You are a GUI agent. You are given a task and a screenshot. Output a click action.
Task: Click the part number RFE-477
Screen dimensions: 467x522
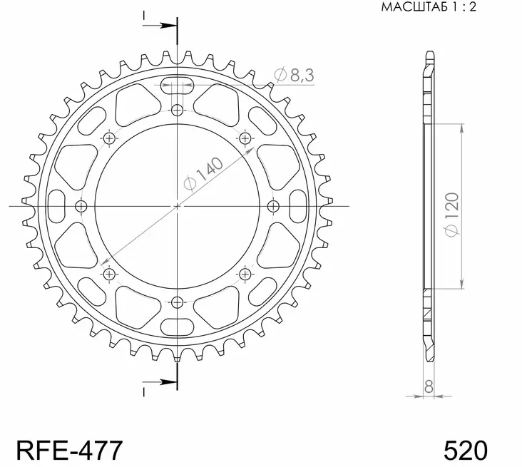pos(69,451)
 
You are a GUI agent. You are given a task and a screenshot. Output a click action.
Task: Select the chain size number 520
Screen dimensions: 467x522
pos(466,451)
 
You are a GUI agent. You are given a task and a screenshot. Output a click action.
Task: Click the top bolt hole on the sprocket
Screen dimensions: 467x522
pos(177,110)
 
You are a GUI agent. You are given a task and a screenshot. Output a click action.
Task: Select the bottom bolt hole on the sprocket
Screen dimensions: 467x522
pos(177,302)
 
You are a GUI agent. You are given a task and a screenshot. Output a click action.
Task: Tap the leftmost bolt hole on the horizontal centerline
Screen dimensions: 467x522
pos(81,206)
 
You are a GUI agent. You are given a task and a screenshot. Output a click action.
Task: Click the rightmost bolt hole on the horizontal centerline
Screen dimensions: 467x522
pos(273,206)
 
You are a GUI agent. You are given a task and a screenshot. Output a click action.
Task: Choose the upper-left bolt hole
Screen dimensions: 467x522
pos(109,138)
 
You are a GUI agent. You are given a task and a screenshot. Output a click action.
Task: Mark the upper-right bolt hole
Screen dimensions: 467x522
pos(245,138)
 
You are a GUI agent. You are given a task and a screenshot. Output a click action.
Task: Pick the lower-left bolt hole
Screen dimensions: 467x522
pos(109,274)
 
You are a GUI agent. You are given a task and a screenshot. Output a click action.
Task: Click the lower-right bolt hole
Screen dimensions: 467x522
pos(245,274)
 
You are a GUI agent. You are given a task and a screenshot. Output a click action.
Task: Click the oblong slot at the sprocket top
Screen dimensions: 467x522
pos(177,86)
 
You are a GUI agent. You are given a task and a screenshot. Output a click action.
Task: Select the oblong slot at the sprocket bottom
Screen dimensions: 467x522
pos(177,327)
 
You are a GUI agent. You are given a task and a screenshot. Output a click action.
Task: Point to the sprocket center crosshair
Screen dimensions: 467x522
pos(177,206)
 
